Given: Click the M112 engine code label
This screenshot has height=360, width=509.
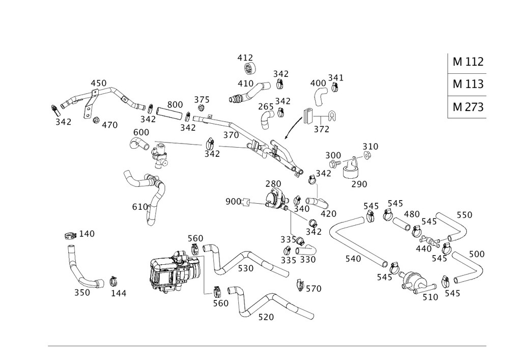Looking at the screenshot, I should (467, 62).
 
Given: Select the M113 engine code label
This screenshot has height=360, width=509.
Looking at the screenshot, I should (467, 84).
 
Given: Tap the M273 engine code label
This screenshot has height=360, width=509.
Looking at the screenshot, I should (467, 107).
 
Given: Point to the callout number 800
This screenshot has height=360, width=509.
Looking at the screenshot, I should (175, 105).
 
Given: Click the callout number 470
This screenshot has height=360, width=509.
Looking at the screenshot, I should (109, 125).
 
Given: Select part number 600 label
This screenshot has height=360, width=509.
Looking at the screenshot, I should (140, 132).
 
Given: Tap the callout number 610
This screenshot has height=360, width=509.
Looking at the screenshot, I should (140, 207).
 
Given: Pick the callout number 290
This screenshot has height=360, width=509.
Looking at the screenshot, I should (359, 184).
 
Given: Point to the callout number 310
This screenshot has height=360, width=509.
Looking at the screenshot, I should (370, 147).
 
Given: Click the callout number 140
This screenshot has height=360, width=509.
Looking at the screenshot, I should (87, 234).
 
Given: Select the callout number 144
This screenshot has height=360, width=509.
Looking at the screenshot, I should (119, 293).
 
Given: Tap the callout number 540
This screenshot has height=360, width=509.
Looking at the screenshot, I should (353, 259).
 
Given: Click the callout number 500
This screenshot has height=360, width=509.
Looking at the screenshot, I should (476, 254).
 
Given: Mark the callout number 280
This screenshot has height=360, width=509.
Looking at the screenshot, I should (273, 183).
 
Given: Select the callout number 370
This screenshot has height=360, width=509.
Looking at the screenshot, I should (231, 135).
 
